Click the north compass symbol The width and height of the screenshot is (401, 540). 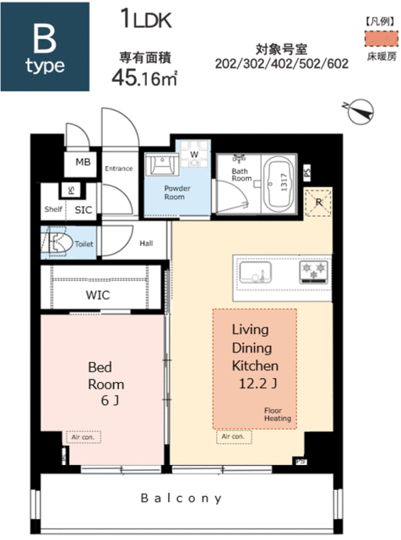tap(360, 111)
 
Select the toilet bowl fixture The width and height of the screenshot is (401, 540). tap(56, 243)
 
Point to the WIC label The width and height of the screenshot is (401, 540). tap(98, 295)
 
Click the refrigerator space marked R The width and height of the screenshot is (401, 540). tap(318, 202)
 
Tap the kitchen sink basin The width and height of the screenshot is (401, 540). tap(255, 272)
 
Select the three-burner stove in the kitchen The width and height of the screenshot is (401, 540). tap(313, 273)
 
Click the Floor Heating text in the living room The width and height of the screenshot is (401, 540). tap(278, 414)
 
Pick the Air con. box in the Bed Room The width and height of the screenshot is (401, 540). tap(84, 437)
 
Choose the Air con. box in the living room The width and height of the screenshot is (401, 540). tap(234, 436)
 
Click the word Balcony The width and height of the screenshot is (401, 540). tap(182, 498)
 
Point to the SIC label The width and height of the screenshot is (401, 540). tap(84, 210)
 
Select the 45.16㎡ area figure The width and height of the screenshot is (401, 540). tap(144, 77)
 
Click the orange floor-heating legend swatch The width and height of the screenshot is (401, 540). tap(382, 38)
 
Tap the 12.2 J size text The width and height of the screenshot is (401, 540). tap(257, 383)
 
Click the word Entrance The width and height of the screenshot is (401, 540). tap(119, 169)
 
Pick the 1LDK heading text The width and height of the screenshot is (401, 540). tap(146, 19)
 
